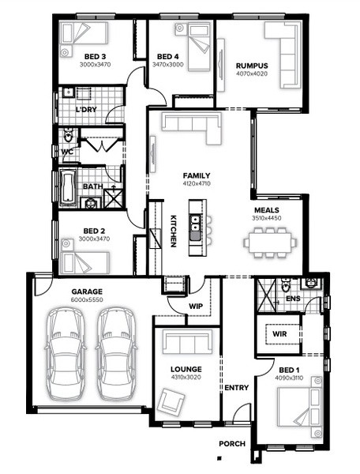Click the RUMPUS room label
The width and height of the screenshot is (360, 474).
tap(252, 66)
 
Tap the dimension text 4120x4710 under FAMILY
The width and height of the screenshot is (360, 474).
tap(197, 183)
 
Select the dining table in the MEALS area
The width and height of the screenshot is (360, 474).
tap(270, 243)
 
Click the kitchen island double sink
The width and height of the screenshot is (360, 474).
tap(195, 223)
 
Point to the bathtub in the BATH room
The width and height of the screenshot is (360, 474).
tap(68, 187)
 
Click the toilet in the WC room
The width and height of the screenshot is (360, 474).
tap(69, 135)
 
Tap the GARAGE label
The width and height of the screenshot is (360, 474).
tap(87, 292)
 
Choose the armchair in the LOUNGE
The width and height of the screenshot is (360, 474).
tap(171, 401)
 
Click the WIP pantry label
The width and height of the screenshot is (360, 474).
tap(196, 307)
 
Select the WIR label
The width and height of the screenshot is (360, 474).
tap(279, 334)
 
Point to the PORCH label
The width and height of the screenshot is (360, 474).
tap(232, 444)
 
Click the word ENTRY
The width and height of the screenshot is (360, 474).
tap(237, 388)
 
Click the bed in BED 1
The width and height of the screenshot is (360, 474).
tap(299, 406)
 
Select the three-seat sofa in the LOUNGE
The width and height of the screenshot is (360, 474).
tap(187, 341)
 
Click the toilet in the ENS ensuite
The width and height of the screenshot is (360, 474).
tap(285, 284)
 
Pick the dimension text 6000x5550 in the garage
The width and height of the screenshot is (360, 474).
tap(87, 299)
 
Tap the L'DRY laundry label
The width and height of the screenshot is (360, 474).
tap(86, 110)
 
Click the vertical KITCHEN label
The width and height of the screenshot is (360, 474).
tap(173, 231)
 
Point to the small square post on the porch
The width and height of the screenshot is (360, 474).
tap(219, 458)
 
